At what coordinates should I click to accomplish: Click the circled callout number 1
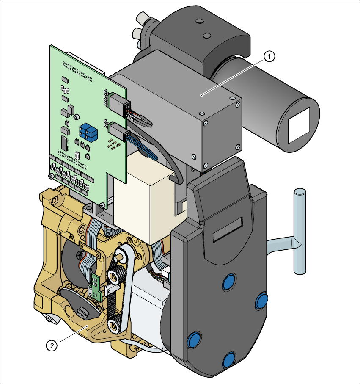(x=269, y=57)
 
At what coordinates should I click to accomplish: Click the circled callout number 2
(x=52, y=346)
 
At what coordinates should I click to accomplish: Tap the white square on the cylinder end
(x=299, y=125)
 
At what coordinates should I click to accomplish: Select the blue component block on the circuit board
(x=88, y=133)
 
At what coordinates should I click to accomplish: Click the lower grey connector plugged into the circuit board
(x=120, y=132)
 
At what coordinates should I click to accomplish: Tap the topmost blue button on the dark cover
(x=229, y=282)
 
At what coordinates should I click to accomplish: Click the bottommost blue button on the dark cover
(x=229, y=360)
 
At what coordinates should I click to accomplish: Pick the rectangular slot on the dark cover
(x=228, y=229)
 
